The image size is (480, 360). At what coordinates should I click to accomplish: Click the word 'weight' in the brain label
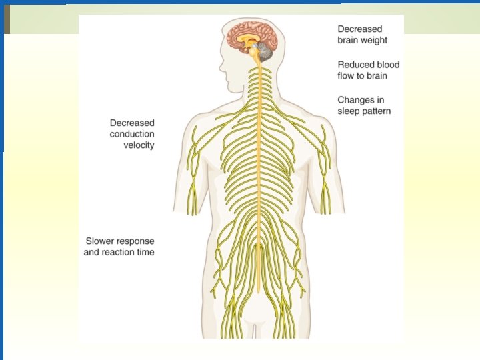(x=373, y=41)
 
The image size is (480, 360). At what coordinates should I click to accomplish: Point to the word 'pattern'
(x=377, y=111)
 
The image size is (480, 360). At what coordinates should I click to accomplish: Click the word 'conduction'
(x=132, y=134)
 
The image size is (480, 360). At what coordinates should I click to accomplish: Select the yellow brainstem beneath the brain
(x=257, y=60)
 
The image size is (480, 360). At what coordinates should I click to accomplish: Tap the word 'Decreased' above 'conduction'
(x=132, y=123)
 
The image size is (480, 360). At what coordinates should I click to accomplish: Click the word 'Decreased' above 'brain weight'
(x=361, y=29)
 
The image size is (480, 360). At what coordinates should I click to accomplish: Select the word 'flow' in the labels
(x=347, y=76)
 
